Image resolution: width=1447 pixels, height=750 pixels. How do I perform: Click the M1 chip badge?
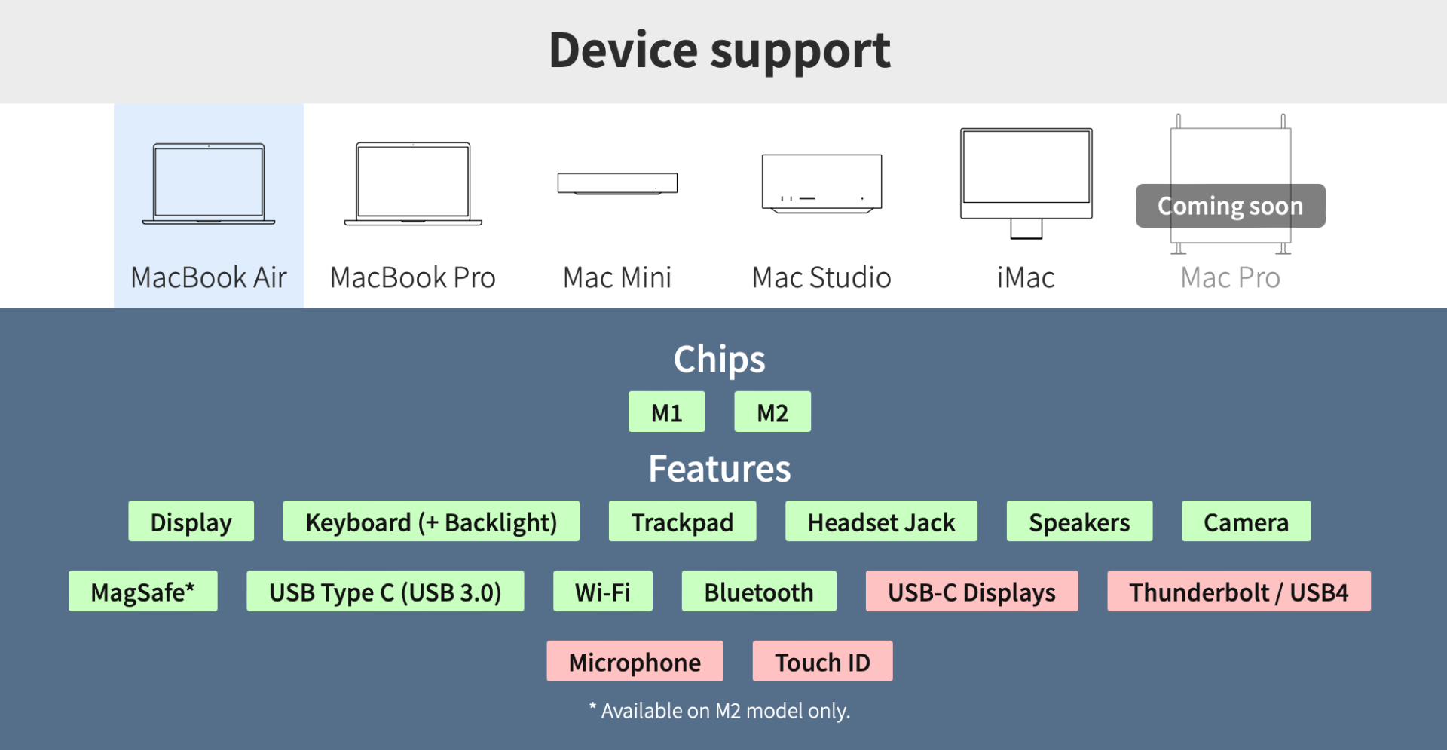click(667, 412)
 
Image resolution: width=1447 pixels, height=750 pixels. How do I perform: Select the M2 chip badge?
click(772, 412)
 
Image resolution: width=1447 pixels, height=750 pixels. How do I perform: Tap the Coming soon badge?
click(1231, 206)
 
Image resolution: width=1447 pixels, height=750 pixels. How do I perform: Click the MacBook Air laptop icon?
click(209, 183)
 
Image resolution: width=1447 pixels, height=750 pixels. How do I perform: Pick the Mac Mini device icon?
click(617, 183)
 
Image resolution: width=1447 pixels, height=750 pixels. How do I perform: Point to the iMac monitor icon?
click(1026, 183)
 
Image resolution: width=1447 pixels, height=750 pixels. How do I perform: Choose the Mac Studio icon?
click(821, 183)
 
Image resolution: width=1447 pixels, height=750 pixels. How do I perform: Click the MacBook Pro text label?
click(413, 277)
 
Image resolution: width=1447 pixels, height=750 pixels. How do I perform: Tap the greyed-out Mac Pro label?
click(1231, 277)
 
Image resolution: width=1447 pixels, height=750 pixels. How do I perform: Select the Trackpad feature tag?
click(682, 521)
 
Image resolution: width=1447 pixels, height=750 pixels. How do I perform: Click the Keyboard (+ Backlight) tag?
click(431, 521)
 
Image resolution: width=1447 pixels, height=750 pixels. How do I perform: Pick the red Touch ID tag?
click(823, 661)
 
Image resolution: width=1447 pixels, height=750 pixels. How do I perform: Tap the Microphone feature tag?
click(635, 661)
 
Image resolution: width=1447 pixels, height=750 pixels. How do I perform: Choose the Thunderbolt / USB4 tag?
click(1239, 591)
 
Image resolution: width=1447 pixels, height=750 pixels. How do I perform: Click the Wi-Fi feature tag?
click(603, 591)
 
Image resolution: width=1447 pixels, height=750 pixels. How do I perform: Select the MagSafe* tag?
click(143, 591)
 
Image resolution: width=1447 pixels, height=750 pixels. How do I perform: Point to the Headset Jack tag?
click(881, 521)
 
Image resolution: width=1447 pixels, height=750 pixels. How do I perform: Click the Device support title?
click(720, 51)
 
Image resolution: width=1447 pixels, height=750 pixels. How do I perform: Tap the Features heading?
click(720, 469)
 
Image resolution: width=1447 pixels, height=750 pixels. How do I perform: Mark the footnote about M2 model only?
click(720, 710)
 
